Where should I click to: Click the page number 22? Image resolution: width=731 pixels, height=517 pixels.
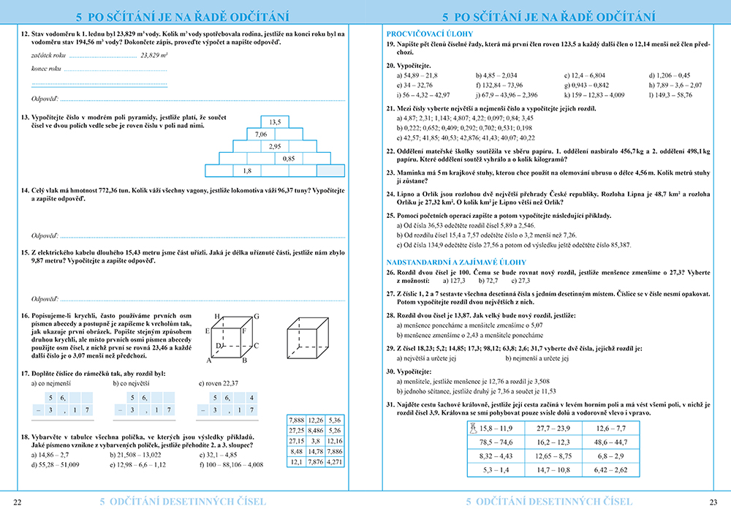[x=18, y=502]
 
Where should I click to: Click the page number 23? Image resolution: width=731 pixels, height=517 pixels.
[x=713, y=502]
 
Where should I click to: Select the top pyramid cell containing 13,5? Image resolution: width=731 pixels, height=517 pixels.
[x=275, y=121]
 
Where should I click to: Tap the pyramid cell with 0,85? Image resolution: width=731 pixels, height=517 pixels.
[x=289, y=159]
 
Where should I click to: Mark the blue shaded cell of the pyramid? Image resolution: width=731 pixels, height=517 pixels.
[x=331, y=171]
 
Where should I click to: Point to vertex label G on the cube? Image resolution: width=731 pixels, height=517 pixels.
[x=256, y=316]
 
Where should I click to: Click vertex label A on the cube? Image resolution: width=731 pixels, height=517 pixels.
[x=209, y=361]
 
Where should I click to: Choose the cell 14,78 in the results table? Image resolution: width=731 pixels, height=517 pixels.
[x=315, y=451]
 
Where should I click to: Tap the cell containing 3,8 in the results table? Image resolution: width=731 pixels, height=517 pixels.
[x=315, y=441]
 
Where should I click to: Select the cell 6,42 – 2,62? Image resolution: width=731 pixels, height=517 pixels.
[x=610, y=470]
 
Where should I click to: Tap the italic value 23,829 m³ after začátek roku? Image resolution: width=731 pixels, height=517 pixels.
[x=154, y=55]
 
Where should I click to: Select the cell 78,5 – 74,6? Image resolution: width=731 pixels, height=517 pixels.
[x=495, y=442]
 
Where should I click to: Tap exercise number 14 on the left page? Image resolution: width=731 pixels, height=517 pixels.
[x=25, y=190]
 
